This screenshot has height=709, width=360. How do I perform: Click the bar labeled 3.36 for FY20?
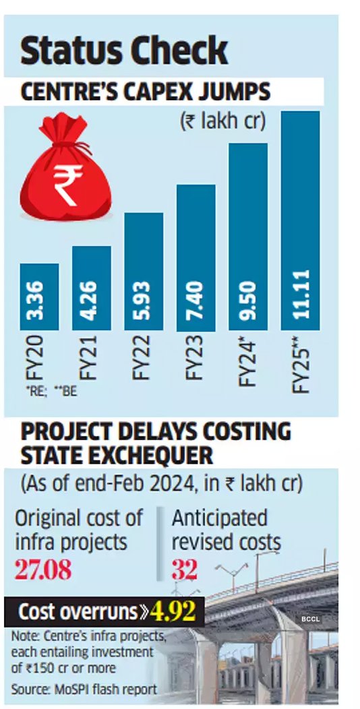pos(39,297)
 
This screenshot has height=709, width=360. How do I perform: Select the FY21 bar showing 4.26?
pos(91,288)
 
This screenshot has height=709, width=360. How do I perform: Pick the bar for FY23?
pos(196,257)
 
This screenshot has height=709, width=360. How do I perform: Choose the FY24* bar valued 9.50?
pos(248,237)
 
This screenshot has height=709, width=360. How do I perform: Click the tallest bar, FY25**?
pos(300,220)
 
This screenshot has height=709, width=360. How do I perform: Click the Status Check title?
pos(123,52)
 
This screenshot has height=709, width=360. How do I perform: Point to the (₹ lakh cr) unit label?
pos(222,121)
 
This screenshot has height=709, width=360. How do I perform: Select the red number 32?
pos(184,569)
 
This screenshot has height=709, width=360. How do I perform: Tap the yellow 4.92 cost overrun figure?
pos(172,611)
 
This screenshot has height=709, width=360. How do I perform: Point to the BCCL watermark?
pos(311,619)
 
